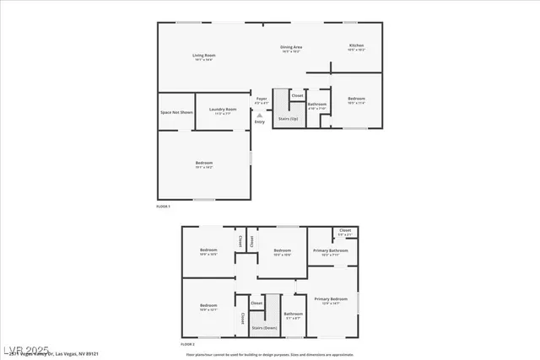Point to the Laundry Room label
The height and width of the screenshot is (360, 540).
point(223,110)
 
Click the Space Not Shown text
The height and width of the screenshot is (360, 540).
point(176,112)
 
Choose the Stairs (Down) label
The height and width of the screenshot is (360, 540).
point(265,327)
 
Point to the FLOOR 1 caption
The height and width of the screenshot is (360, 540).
point(163,207)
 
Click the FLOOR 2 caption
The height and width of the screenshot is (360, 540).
point(187,344)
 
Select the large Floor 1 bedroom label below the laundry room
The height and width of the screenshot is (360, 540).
point(204,164)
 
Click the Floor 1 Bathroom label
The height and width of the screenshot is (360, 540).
point(317,105)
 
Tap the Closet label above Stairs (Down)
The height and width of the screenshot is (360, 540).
point(256,302)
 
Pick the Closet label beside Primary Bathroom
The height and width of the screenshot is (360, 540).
point(345,231)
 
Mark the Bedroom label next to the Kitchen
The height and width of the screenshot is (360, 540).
point(355,101)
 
